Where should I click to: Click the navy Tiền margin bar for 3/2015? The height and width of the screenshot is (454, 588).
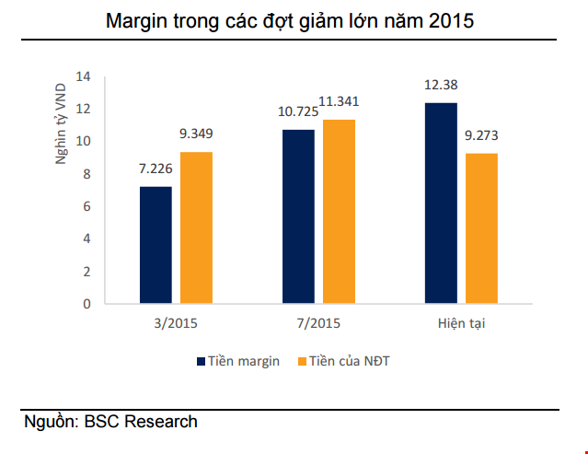coord(156,245)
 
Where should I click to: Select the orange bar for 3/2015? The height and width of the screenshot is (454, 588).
coord(197,227)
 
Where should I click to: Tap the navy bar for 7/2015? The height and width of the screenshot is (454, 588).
coord(298,216)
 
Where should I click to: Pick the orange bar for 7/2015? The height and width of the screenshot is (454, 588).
coord(339,212)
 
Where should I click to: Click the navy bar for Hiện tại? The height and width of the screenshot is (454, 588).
coord(441,203)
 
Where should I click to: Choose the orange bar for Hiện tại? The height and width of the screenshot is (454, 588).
coord(482,228)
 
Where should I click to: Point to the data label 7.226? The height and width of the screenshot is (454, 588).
coord(156,169)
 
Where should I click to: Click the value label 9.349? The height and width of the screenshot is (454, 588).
coord(196,134)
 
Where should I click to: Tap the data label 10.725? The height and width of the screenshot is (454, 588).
coord(298,111)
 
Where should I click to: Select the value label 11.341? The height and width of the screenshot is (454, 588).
coord(339,101)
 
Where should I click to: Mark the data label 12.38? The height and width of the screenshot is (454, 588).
coord(441,85)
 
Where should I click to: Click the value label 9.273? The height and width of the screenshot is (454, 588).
coord(481,135)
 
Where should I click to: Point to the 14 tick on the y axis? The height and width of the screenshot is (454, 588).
coord(83,77)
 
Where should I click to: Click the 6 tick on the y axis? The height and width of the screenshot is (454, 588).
coord(87,206)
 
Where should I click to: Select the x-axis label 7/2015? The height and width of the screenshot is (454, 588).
coord(318,323)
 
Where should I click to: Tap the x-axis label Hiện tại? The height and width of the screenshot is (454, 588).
coord(461,323)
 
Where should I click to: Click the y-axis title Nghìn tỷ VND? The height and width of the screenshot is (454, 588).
coord(61,123)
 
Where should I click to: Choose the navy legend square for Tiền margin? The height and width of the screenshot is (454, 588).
coord(201,361)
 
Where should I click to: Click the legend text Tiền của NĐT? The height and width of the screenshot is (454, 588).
coord(350,361)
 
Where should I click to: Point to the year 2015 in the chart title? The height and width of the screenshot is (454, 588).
coord(452,20)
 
